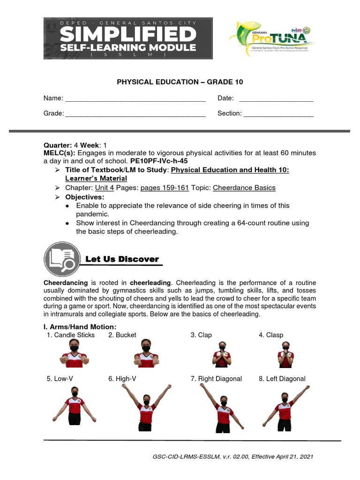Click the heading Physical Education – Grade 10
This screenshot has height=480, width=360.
tap(180, 82)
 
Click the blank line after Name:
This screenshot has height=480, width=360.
tap(135, 99)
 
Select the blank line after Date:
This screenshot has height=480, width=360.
tap(276, 99)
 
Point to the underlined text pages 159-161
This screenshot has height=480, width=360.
tap(165, 188)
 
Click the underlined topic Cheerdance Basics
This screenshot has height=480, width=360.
tap(244, 188)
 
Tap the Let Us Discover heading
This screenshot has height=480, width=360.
tap(122, 259)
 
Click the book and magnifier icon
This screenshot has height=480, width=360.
tap(60, 257)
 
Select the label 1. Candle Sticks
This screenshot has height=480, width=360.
tap(71, 335)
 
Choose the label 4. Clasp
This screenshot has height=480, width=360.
tap(271, 335)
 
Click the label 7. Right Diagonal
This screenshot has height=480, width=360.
tap(216, 379)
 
